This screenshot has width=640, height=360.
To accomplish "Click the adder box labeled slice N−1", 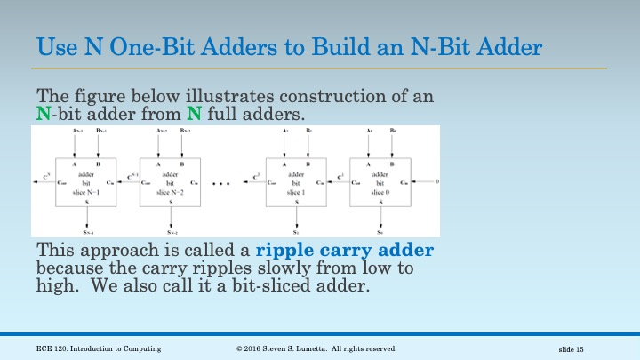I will tap(84, 182).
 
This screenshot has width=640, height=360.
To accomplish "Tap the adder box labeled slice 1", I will tap(297, 182).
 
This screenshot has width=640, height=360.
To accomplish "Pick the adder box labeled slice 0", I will tap(380, 182).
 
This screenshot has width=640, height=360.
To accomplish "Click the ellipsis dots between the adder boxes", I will tap(223, 184).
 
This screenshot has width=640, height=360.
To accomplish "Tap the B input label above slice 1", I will tap(308, 131).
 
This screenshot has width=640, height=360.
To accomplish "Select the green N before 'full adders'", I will tap(193, 113).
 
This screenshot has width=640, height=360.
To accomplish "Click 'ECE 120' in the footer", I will tap(52, 348).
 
